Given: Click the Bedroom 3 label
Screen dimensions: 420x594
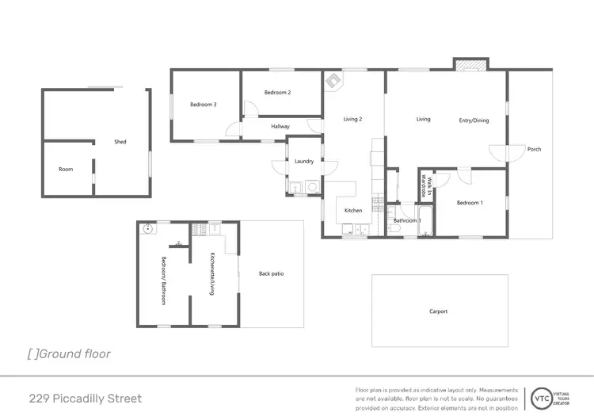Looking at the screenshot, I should pos(204,105).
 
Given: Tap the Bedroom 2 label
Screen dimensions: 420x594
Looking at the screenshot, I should pos(277,93).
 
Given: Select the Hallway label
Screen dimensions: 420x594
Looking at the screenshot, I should pos(280,127).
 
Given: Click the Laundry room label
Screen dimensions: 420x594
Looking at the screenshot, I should pos(304,162).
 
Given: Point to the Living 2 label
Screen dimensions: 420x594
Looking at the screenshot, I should pos(352,120).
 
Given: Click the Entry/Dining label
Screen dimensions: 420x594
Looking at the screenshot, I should pos(474,120).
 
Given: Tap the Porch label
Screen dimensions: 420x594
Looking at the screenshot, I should pos(535,149).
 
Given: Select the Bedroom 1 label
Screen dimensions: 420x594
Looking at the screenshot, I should pos(469,203).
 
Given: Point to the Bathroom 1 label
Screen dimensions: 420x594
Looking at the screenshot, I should pos(407,220).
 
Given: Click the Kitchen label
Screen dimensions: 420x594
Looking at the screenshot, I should pos(353,211).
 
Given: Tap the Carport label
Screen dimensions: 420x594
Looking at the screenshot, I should pos(439,311).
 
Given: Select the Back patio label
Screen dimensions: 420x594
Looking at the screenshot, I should pos(271,274).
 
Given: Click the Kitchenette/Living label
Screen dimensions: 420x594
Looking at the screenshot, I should pos(212,274).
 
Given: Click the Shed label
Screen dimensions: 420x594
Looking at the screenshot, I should pos(120,143).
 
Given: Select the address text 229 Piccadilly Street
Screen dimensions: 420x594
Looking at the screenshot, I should pos(86,398).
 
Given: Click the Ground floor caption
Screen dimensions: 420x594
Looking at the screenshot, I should pos(70,354).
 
